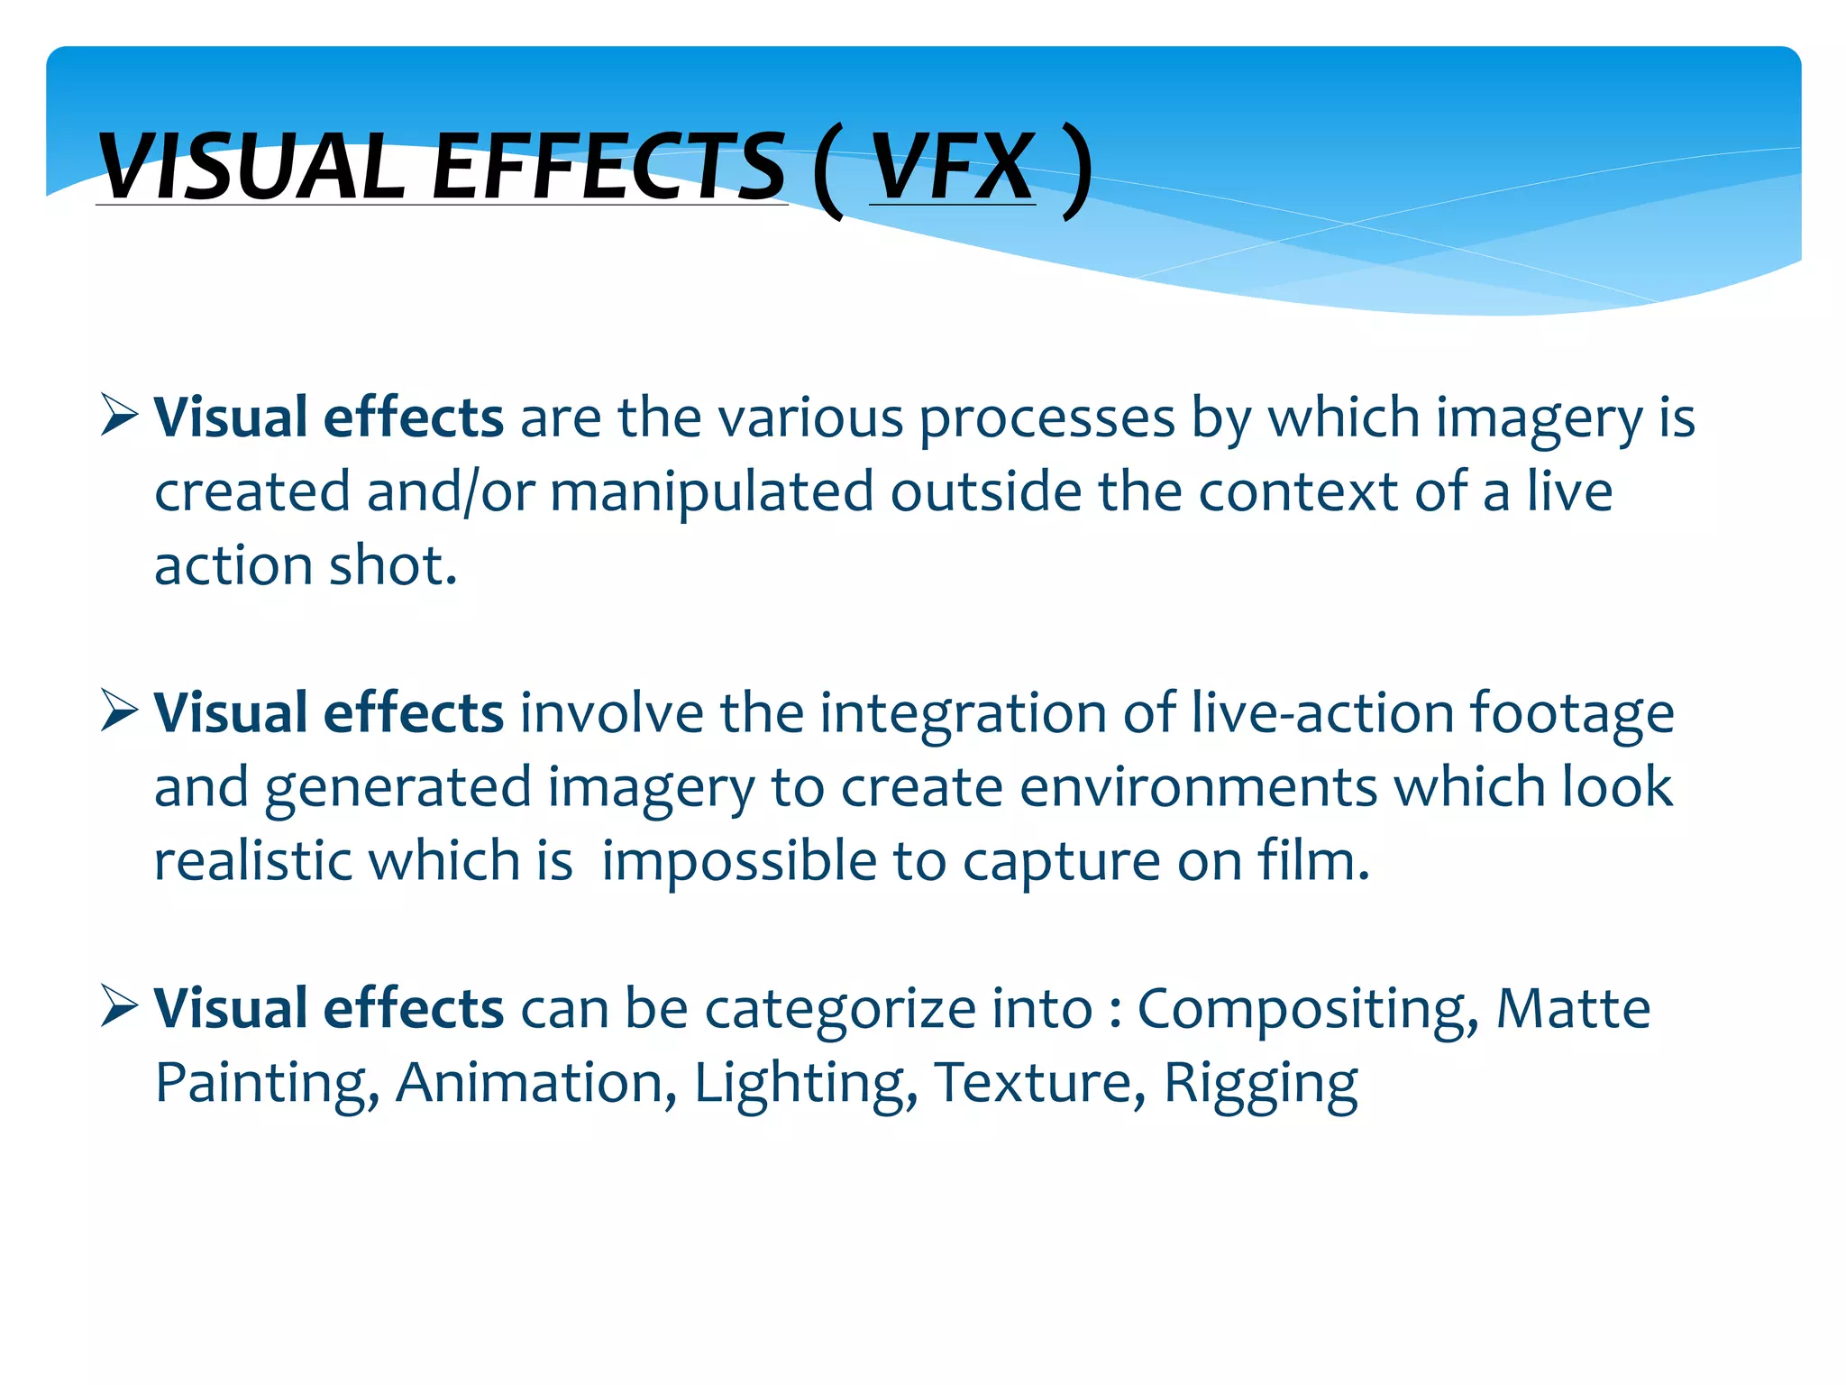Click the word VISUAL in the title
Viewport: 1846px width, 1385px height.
[x=251, y=167]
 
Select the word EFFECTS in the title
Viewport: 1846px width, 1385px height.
[x=608, y=167]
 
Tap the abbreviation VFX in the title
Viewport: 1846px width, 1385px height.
[x=952, y=167]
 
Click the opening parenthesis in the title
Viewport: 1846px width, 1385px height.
[x=828, y=171]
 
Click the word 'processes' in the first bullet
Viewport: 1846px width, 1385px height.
[x=1046, y=419]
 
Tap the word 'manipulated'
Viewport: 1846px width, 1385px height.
[x=711, y=492]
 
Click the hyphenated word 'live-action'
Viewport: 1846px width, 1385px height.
[x=1322, y=713]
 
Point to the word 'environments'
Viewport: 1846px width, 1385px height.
[x=1199, y=787]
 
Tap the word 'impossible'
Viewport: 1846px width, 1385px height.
[x=738, y=861]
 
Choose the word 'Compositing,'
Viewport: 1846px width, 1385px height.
[x=1307, y=1009]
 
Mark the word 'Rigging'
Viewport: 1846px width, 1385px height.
[x=1260, y=1084]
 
